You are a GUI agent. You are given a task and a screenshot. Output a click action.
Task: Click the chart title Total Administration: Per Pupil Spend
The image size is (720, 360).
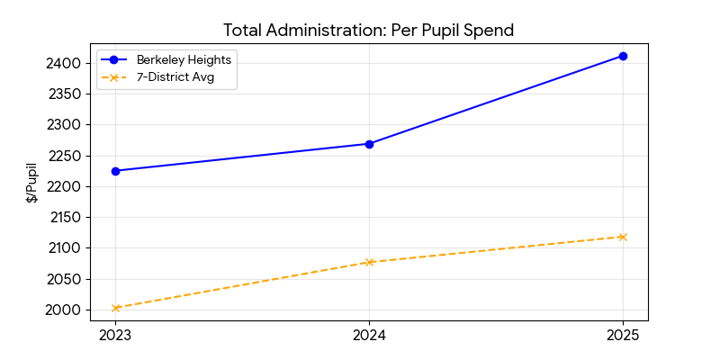pyautogui.click(x=368, y=30)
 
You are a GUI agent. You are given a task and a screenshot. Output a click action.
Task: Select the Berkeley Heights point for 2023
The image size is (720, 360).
pyautogui.click(x=116, y=171)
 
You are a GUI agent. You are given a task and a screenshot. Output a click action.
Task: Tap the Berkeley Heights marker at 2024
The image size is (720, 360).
pyautogui.click(x=369, y=144)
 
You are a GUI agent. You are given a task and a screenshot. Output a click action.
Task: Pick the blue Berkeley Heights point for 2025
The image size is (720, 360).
pyautogui.click(x=623, y=56)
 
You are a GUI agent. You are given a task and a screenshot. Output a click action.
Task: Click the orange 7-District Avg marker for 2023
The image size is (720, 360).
pyautogui.click(x=116, y=308)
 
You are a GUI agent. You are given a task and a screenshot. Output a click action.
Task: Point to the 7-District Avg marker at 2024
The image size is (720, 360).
pyautogui.click(x=369, y=262)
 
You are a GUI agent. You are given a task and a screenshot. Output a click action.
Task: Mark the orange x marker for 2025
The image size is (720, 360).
pyautogui.click(x=623, y=237)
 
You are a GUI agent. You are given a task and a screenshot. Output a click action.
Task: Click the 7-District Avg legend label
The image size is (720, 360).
pyautogui.click(x=174, y=78)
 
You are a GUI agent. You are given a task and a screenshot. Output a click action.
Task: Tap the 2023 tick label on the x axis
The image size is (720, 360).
pyautogui.click(x=116, y=336)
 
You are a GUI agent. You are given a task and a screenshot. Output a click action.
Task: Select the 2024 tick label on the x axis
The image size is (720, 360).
pyautogui.click(x=369, y=336)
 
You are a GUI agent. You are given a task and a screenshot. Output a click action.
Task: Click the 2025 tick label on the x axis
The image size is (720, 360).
pyautogui.click(x=623, y=336)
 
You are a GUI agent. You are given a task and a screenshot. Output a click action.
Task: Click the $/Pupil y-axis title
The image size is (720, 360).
pyautogui.click(x=31, y=183)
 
